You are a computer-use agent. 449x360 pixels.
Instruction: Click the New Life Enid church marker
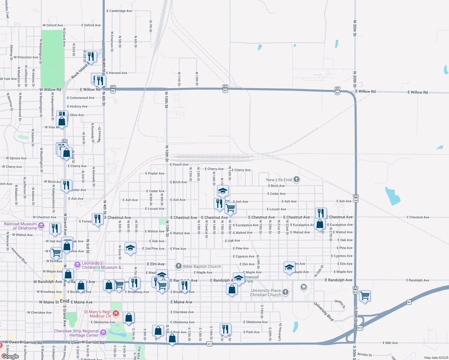coord(297,179)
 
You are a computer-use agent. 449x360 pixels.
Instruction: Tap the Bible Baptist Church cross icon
coord(179,266)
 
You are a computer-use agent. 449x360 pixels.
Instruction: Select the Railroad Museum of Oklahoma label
coord(20,226)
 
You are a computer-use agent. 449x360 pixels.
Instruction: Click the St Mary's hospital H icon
coord(116,313)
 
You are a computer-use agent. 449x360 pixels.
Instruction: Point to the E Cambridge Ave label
coord(119,11)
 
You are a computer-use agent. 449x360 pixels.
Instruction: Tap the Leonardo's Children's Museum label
coord(102,265)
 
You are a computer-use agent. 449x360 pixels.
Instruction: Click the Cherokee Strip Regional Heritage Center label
coord(76,333)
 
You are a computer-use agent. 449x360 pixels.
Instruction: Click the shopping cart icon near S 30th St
coord(365,296)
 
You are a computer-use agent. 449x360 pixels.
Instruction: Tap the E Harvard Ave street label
coord(116,73)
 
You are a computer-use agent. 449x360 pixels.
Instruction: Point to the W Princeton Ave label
coord(26,57)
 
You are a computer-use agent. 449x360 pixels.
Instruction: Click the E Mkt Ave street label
coord(390,343)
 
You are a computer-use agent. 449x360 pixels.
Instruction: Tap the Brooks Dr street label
coord(365,355)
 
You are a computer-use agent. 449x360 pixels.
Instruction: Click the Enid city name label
coord(65,301)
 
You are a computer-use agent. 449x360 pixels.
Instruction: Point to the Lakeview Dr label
coord(280,331)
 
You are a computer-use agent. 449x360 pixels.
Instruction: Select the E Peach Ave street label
coord(179,164)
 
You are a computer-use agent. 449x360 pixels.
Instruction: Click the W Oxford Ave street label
coord(53,25)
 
